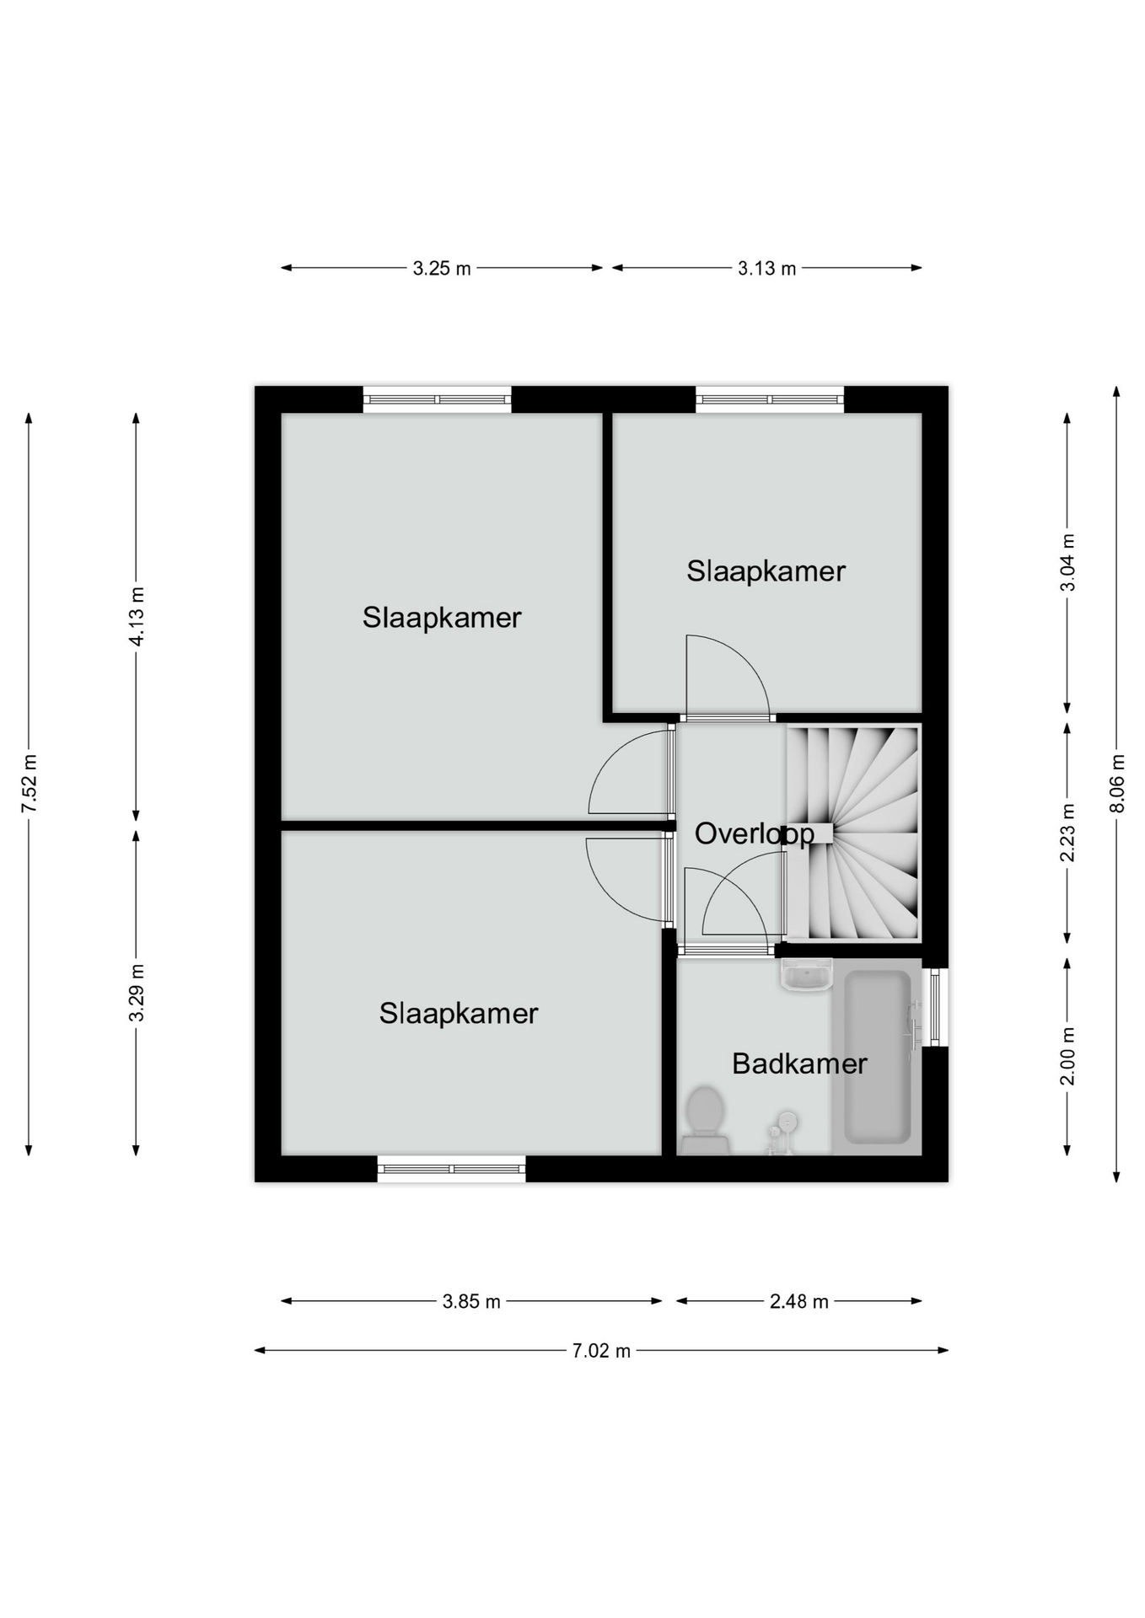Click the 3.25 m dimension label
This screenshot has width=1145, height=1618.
(x=442, y=269)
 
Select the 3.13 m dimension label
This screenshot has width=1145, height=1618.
(x=766, y=269)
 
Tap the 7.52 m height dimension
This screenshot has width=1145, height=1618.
(x=30, y=784)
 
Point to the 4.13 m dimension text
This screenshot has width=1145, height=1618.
(x=137, y=617)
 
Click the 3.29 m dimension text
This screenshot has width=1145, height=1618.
(x=137, y=993)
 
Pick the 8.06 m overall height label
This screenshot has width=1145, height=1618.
(x=1117, y=784)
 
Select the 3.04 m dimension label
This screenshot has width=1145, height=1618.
(x=1068, y=562)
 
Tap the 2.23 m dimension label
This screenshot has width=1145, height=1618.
(x=1068, y=833)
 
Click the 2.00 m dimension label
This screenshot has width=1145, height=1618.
(x=1068, y=1056)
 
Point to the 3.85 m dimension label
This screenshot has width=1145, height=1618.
(x=471, y=1302)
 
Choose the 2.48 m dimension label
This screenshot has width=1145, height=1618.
(x=799, y=1302)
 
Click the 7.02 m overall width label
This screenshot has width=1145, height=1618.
(x=601, y=1351)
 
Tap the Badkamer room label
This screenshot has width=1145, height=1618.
(x=799, y=1063)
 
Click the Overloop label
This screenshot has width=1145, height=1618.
(x=755, y=834)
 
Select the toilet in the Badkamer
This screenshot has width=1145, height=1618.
(x=705, y=1120)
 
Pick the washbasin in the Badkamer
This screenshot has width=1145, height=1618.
(x=807, y=975)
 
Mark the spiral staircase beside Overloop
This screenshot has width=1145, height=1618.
(x=853, y=833)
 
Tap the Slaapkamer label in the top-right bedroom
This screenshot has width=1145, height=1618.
(x=766, y=571)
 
